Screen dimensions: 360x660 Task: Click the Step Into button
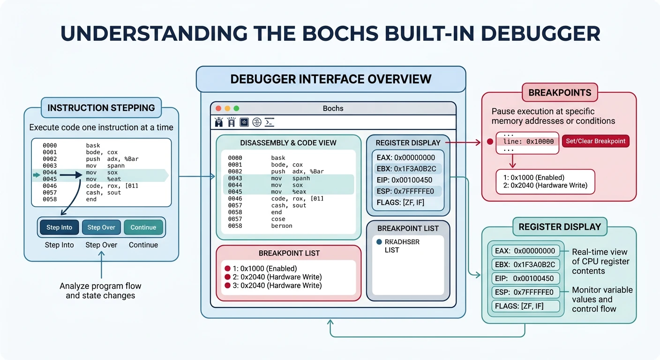point(59,227)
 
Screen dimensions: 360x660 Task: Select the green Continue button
point(143,227)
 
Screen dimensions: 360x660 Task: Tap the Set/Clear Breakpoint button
point(595,141)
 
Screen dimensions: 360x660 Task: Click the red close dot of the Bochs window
point(218,108)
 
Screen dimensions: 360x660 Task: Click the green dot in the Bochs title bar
point(236,108)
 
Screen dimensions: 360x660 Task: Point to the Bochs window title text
point(333,108)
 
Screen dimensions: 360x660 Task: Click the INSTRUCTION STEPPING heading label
point(101,108)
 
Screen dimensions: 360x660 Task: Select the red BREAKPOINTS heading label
point(560,92)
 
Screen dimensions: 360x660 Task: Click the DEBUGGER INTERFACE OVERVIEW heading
point(330,79)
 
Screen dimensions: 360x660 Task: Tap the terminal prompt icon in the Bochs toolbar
point(269,122)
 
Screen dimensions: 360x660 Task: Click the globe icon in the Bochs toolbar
point(256,122)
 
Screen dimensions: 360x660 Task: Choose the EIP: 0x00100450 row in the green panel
point(525,278)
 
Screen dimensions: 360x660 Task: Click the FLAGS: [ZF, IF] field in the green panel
point(525,307)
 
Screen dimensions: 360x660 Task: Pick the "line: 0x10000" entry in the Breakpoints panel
point(528,142)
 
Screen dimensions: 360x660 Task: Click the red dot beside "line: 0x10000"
point(490,142)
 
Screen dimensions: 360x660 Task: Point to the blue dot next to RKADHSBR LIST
point(379,242)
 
